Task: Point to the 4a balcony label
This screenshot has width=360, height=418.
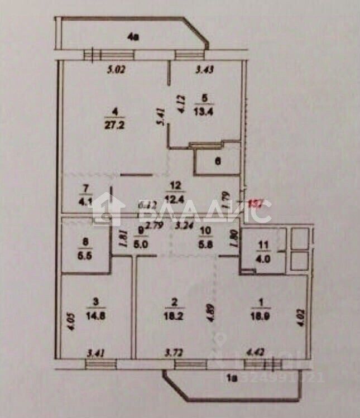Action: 133,38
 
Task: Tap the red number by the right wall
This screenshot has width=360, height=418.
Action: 255,204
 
